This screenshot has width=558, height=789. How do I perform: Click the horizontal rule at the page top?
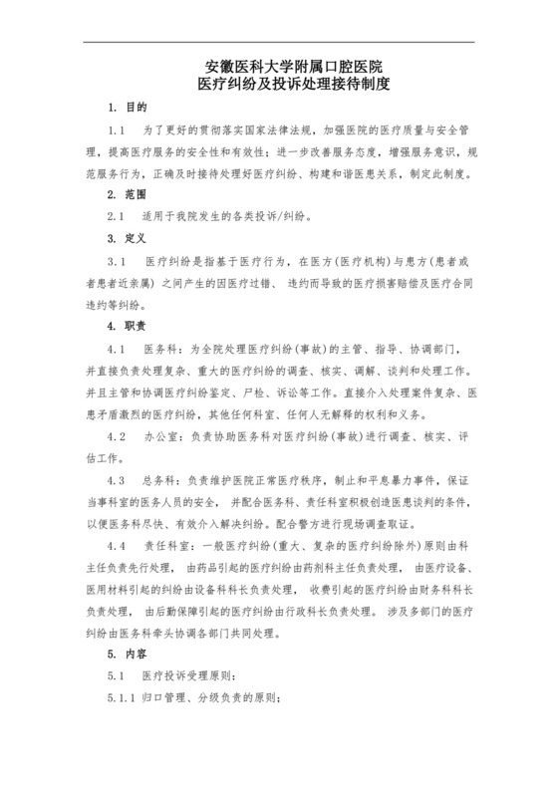279,42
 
